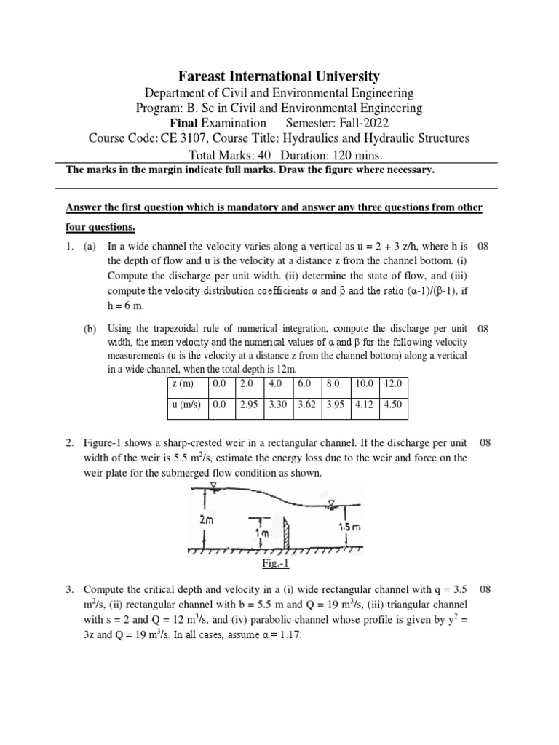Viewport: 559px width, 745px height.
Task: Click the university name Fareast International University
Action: coord(279,76)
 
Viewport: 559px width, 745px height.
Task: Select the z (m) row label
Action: coord(182,383)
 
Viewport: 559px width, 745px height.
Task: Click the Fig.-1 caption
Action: coord(276,564)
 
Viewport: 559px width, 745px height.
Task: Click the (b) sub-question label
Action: coord(90,329)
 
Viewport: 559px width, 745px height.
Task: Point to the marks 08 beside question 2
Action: coord(484,442)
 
